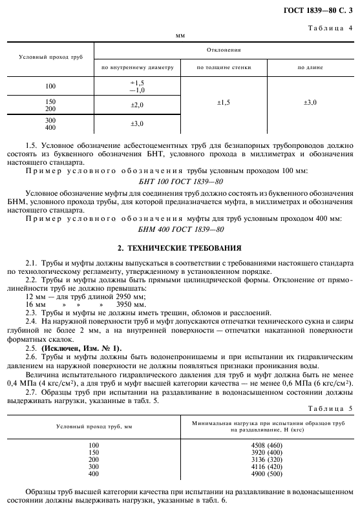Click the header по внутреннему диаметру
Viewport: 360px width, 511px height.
[x=136, y=67]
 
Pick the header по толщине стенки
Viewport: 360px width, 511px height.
[x=224, y=67]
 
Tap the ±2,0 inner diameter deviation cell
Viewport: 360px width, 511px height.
[x=137, y=104]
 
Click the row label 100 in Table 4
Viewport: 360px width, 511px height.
[x=50, y=86]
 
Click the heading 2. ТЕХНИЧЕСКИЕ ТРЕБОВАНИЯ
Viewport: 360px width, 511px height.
[x=180, y=247]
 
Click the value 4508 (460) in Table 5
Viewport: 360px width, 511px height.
[x=265, y=444]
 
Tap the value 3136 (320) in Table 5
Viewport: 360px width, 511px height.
[x=265, y=459]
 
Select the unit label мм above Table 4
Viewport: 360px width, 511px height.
[x=180, y=36]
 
